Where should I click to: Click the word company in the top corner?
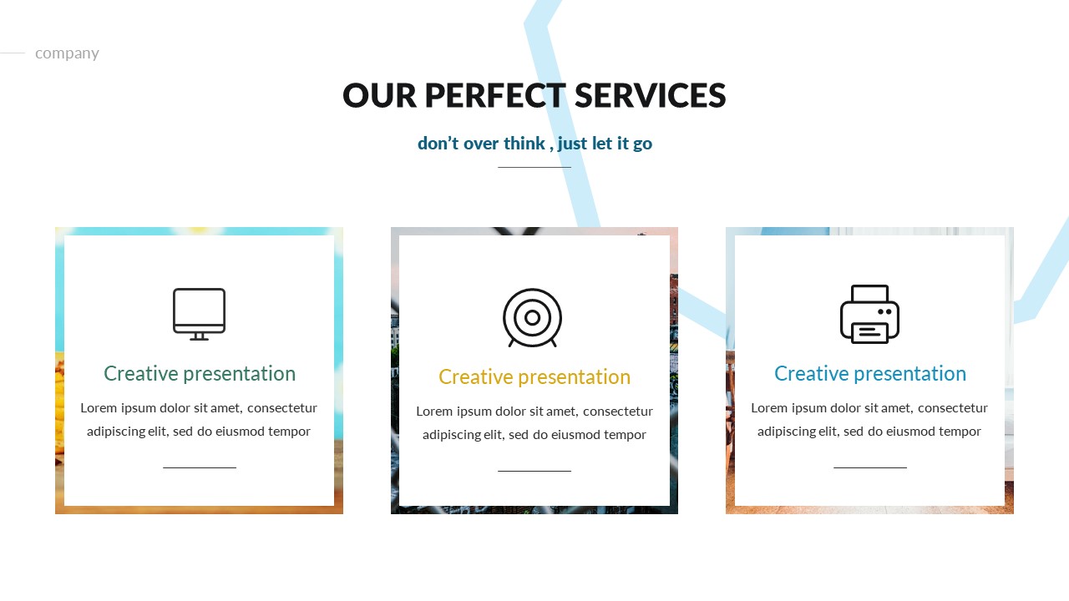[x=67, y=53]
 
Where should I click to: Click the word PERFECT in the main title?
[x=495, y=96]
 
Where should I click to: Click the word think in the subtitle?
[x=524, y=144]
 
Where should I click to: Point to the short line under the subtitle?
[x=534, y=167]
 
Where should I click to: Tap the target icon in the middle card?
[x=532, y=317]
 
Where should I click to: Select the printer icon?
[x=869, y=314]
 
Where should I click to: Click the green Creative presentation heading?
[x=200, y=373]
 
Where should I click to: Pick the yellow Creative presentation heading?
[x=534, y=376]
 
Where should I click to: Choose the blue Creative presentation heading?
[x=869, y=373]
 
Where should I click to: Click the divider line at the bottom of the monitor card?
[x=200, y=467]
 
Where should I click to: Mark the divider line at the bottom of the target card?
[x=534, y=471]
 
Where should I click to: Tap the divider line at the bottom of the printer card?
[x=869, y=467]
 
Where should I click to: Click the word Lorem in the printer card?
[x=770, y=407]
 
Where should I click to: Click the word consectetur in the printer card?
[x=952, y=407]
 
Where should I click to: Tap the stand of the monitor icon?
[x=199, y=336]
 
